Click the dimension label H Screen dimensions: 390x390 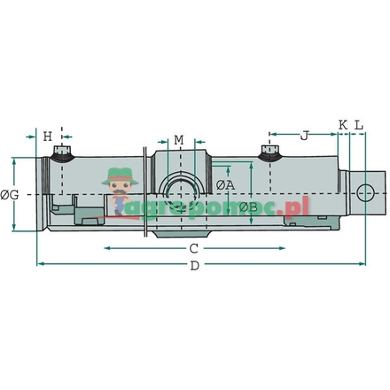coord(49,136)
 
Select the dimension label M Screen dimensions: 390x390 coord(178,140)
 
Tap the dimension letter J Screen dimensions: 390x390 coord(304,136)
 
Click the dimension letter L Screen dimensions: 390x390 coord(359,126)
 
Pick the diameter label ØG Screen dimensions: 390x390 coord(10,194)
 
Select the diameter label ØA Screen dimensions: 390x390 coord(226,184)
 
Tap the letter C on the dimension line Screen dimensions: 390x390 coord(193,249)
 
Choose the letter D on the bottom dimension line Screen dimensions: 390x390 coord(195,267)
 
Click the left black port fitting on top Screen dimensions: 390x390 coord(61,155)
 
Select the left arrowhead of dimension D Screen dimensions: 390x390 coord(40,263)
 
